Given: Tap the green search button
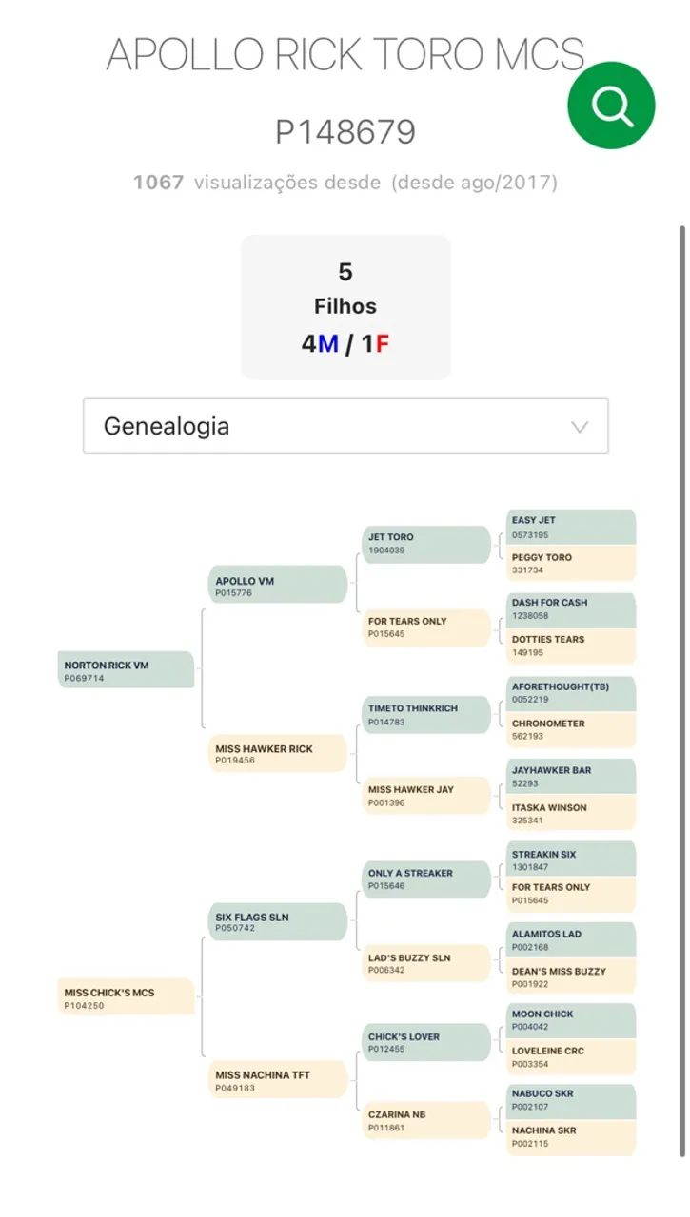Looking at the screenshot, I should click(x=611, y=106).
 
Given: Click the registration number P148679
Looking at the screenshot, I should click(x=345, y=132).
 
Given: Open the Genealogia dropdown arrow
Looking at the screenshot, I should click(x=579, y=427).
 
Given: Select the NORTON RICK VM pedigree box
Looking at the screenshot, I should click(x=126, y=670).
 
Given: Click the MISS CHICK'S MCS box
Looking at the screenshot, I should click(x=126, y=997).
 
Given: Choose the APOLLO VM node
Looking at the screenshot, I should click(x=277, y=586).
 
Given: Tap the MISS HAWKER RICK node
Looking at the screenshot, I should click(x=277, y=753).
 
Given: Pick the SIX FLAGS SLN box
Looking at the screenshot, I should click(x=277, y=921).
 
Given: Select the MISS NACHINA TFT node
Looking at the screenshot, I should click(x=277, y=1080).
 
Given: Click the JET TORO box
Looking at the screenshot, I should click(x=426, y=543).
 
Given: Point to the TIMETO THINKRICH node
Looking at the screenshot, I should click(x=426, y=714).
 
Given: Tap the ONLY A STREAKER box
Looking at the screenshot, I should click(x=426, y=879).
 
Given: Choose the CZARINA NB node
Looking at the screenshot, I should click(x=426, y=1120).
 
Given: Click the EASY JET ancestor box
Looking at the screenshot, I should click(x=570, y=527).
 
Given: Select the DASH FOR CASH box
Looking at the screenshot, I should click(x=570, y=608).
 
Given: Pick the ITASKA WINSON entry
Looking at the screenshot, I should click(x=570, y=813).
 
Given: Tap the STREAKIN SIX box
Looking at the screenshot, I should click(x=570, y=860).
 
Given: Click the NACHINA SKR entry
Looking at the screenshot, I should click(x=570, y=1136).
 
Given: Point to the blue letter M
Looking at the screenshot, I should click(x=328, y=343).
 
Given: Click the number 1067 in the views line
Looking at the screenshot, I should click(x=158, y=182).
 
